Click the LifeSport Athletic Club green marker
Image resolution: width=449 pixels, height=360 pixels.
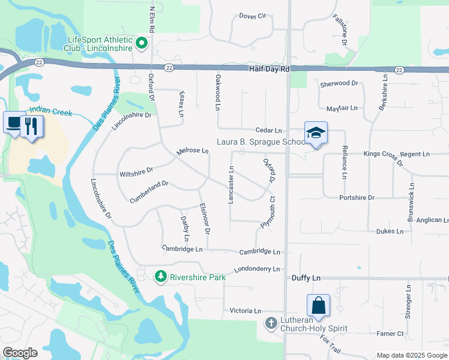142,43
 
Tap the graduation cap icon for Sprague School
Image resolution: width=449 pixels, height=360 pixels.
316,133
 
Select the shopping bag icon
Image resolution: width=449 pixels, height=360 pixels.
318,305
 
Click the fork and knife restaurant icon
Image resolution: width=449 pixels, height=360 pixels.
32,126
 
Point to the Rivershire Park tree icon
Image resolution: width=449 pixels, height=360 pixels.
160,277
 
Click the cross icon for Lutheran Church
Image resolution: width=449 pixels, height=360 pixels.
271,323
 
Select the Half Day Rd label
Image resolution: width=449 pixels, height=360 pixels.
270,70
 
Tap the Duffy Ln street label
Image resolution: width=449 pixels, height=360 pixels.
307,278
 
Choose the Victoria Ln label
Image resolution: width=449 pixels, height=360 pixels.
246,311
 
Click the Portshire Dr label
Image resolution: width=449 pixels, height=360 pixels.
357,197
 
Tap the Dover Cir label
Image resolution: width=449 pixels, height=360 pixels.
252,16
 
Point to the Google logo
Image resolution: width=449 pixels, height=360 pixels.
20,352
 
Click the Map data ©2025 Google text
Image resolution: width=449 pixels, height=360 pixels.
411,355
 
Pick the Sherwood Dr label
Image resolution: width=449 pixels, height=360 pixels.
339,84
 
